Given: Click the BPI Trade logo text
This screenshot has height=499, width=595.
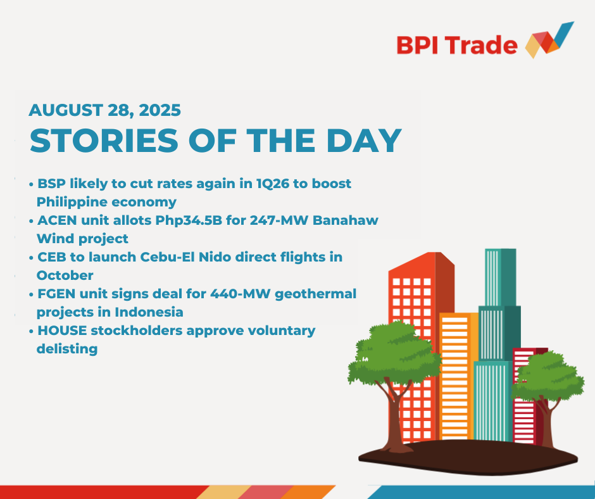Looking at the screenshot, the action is (457, 45).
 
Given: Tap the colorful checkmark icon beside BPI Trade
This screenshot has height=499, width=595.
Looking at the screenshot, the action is (549, 40).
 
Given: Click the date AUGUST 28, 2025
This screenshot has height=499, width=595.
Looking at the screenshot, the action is (104, 111).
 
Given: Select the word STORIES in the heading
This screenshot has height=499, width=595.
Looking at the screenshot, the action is (104, 141).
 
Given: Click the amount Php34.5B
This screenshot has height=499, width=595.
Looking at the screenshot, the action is (189, 220).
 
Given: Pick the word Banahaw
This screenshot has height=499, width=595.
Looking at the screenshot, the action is (346, 220).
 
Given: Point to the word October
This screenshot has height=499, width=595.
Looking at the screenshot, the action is (65, 275).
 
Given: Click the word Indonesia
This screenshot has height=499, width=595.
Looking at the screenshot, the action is (149, 312).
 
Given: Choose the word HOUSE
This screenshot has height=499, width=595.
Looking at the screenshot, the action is (62, 331).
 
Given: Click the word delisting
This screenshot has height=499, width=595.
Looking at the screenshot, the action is (67, 349).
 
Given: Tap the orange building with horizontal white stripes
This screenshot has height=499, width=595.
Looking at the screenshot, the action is (458, 376).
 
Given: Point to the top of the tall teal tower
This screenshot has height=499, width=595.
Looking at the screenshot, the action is (501, 249).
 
